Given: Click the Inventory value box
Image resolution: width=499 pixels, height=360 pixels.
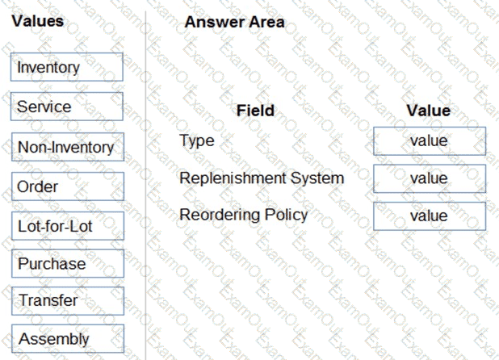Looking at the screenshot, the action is [67, 67].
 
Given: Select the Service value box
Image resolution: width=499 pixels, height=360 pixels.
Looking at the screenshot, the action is [67, 107].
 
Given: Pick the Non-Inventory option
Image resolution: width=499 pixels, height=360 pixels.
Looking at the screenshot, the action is [68, 147].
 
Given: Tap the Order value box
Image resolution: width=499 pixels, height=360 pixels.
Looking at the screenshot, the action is [68, 186].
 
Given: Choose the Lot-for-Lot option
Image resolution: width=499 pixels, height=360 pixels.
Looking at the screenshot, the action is [68, 226].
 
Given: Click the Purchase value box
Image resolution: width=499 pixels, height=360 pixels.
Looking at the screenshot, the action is [68, 263].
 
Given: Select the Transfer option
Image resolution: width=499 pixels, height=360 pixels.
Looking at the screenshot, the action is [68, 301].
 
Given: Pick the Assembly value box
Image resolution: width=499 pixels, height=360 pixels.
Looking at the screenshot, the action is [68, 338].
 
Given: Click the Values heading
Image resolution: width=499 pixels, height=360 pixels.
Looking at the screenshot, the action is [38, 21].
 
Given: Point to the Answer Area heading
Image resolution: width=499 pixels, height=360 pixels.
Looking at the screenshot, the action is [234, 23].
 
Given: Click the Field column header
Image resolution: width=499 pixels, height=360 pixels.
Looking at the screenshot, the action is [255, 111].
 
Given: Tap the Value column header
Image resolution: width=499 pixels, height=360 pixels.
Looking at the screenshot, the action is [429, 111].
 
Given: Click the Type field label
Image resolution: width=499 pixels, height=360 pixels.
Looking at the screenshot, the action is [197, 141].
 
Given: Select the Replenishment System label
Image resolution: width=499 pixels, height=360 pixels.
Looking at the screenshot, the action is [262, 178].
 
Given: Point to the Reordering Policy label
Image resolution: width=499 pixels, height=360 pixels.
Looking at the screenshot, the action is [244, 215].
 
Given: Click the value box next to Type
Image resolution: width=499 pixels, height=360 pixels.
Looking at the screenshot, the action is [430, 141].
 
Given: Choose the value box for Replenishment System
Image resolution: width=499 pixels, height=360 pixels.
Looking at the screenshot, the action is [430, 178].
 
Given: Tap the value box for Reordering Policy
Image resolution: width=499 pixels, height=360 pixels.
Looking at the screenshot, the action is [430, 216].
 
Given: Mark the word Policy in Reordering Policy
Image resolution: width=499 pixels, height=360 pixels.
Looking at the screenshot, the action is [287, 215].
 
